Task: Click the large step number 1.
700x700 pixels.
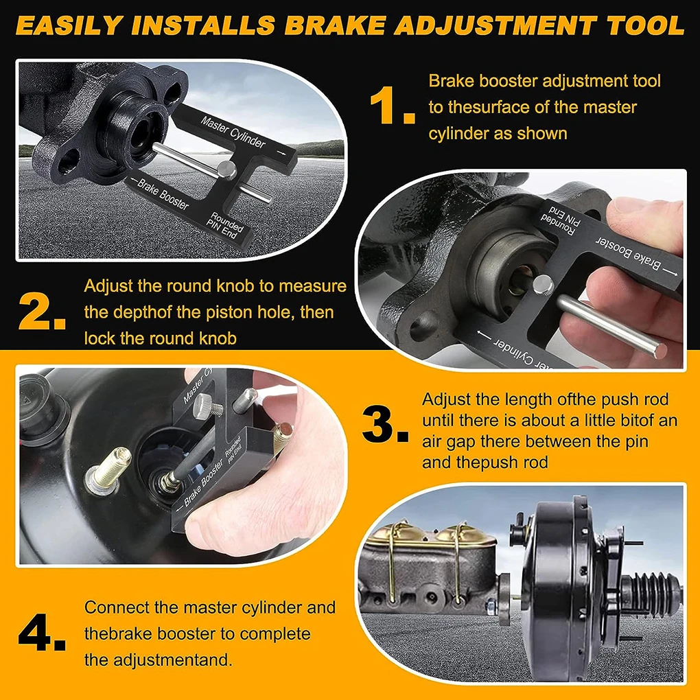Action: coord(392,106)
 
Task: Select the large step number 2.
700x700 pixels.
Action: coord(42,311)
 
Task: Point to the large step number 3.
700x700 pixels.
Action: coord(384,427)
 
